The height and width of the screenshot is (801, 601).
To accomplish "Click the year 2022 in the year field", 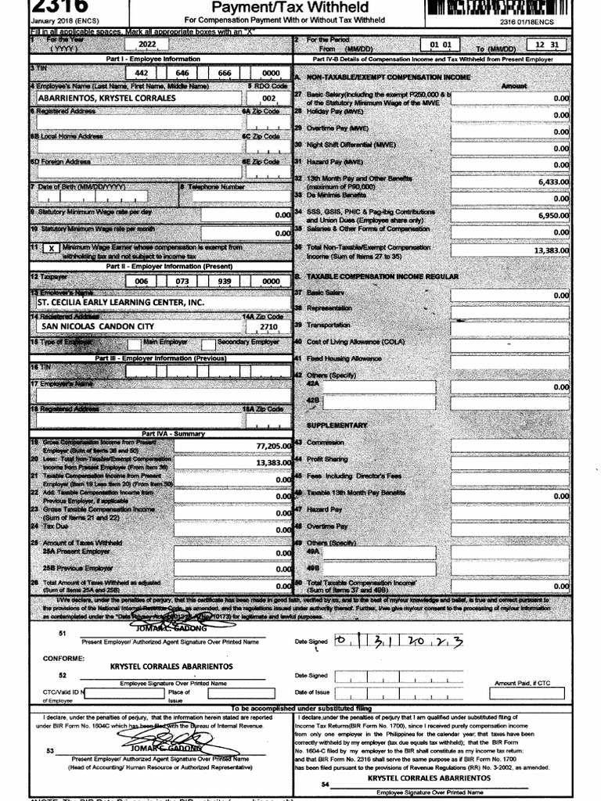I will click(146, 46).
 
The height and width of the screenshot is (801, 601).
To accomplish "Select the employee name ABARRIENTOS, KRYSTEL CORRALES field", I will click(107, 99).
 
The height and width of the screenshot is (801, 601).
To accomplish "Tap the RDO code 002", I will click(268, 99).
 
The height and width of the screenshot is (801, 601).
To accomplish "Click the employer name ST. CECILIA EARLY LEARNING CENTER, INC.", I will click(121, 303).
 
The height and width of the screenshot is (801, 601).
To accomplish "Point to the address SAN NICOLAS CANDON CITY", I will click(98, 326).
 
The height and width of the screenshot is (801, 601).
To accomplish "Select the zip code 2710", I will click(268, 326).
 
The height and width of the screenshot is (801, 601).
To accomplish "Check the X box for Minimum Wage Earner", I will click(51, 248).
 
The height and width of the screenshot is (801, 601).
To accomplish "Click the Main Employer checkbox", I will click(135, 343).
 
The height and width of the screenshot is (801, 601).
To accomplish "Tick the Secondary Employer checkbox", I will click(208, 343).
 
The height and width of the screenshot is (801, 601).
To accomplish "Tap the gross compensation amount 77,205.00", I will click(274, 446).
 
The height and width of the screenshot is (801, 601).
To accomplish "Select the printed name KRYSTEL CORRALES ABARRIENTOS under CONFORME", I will click(171, 666).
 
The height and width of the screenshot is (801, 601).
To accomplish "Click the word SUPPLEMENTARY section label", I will click(336, 426).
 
